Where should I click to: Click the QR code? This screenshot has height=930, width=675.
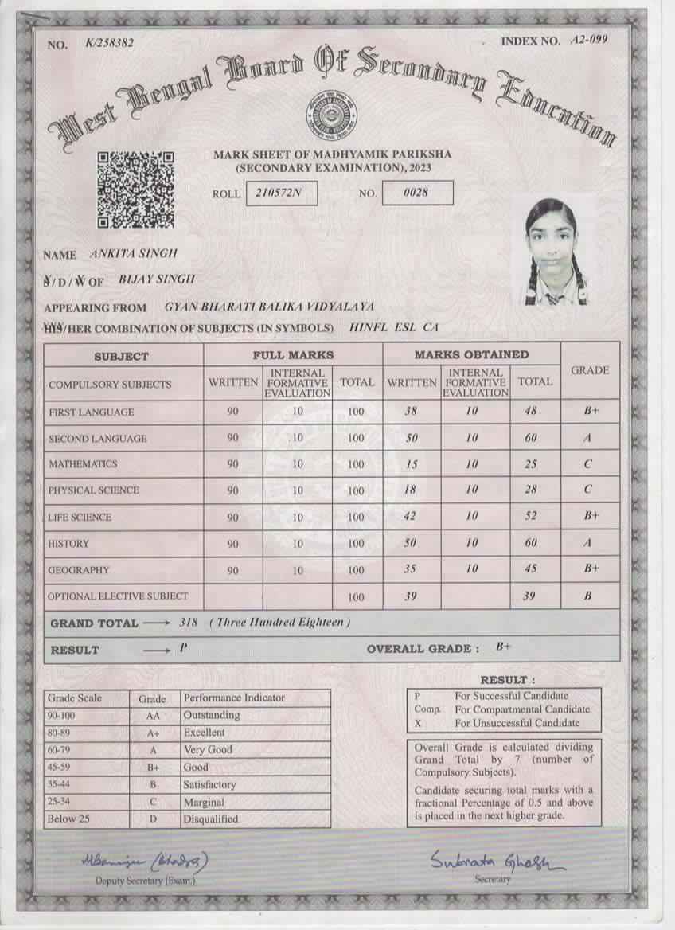coord(136,190)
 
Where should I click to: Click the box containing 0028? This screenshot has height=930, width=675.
coord(417,193)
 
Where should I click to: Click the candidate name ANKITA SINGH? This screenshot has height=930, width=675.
coord(135,254)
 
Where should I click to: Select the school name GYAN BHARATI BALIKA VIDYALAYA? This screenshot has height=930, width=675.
coord(269,307)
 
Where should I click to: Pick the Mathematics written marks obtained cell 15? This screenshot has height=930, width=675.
coord(410,464)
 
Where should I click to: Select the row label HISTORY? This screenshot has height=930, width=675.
coord(69,544)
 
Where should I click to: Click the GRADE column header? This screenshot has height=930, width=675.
coord(590,370)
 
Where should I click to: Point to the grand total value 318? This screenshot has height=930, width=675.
coord(189,622)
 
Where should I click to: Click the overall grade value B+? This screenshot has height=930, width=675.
coord(503,647)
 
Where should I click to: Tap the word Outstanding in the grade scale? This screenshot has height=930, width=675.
coord(212,715)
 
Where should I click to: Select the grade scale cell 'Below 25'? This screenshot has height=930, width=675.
coord(68,819)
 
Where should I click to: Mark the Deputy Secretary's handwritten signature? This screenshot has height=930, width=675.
coord(144,861)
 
